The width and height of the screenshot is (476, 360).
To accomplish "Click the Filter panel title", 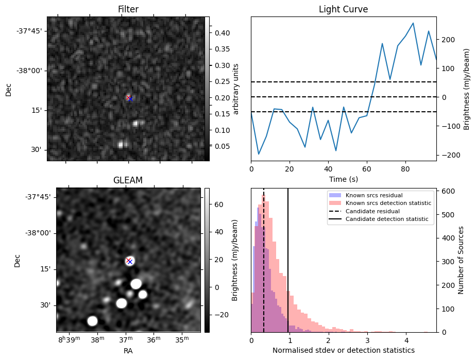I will pyautogui.click(x=128, y=9).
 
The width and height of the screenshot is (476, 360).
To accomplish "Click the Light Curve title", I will pyautogui.click(x=343, y=9).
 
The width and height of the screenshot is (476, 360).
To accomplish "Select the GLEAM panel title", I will pyautogui.click(x=128, y=180).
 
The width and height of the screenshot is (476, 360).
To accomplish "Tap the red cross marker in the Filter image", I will pyautogui.click(x=128, y=97).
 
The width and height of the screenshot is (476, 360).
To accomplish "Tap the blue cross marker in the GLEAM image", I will pyautogui.click(x=130, y=262).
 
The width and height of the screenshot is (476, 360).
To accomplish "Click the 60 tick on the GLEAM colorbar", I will pyautogui.click(x=218, y=204).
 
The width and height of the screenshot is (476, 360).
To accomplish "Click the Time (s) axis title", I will pyautogui.click(x=343, y=179).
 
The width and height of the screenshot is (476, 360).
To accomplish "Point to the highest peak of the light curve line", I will pyautogui.click(x=413, y=23).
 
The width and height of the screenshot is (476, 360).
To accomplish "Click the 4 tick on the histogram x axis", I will pyautogui.click(x=406, y=340).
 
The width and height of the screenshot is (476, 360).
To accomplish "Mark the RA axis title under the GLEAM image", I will pyautogui.click(x=128, y=351).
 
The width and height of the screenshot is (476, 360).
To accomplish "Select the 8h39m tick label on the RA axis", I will pyautogui.click(x=69, y=340).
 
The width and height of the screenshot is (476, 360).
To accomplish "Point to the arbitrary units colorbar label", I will pyautogui.click(x=236, y=89).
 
